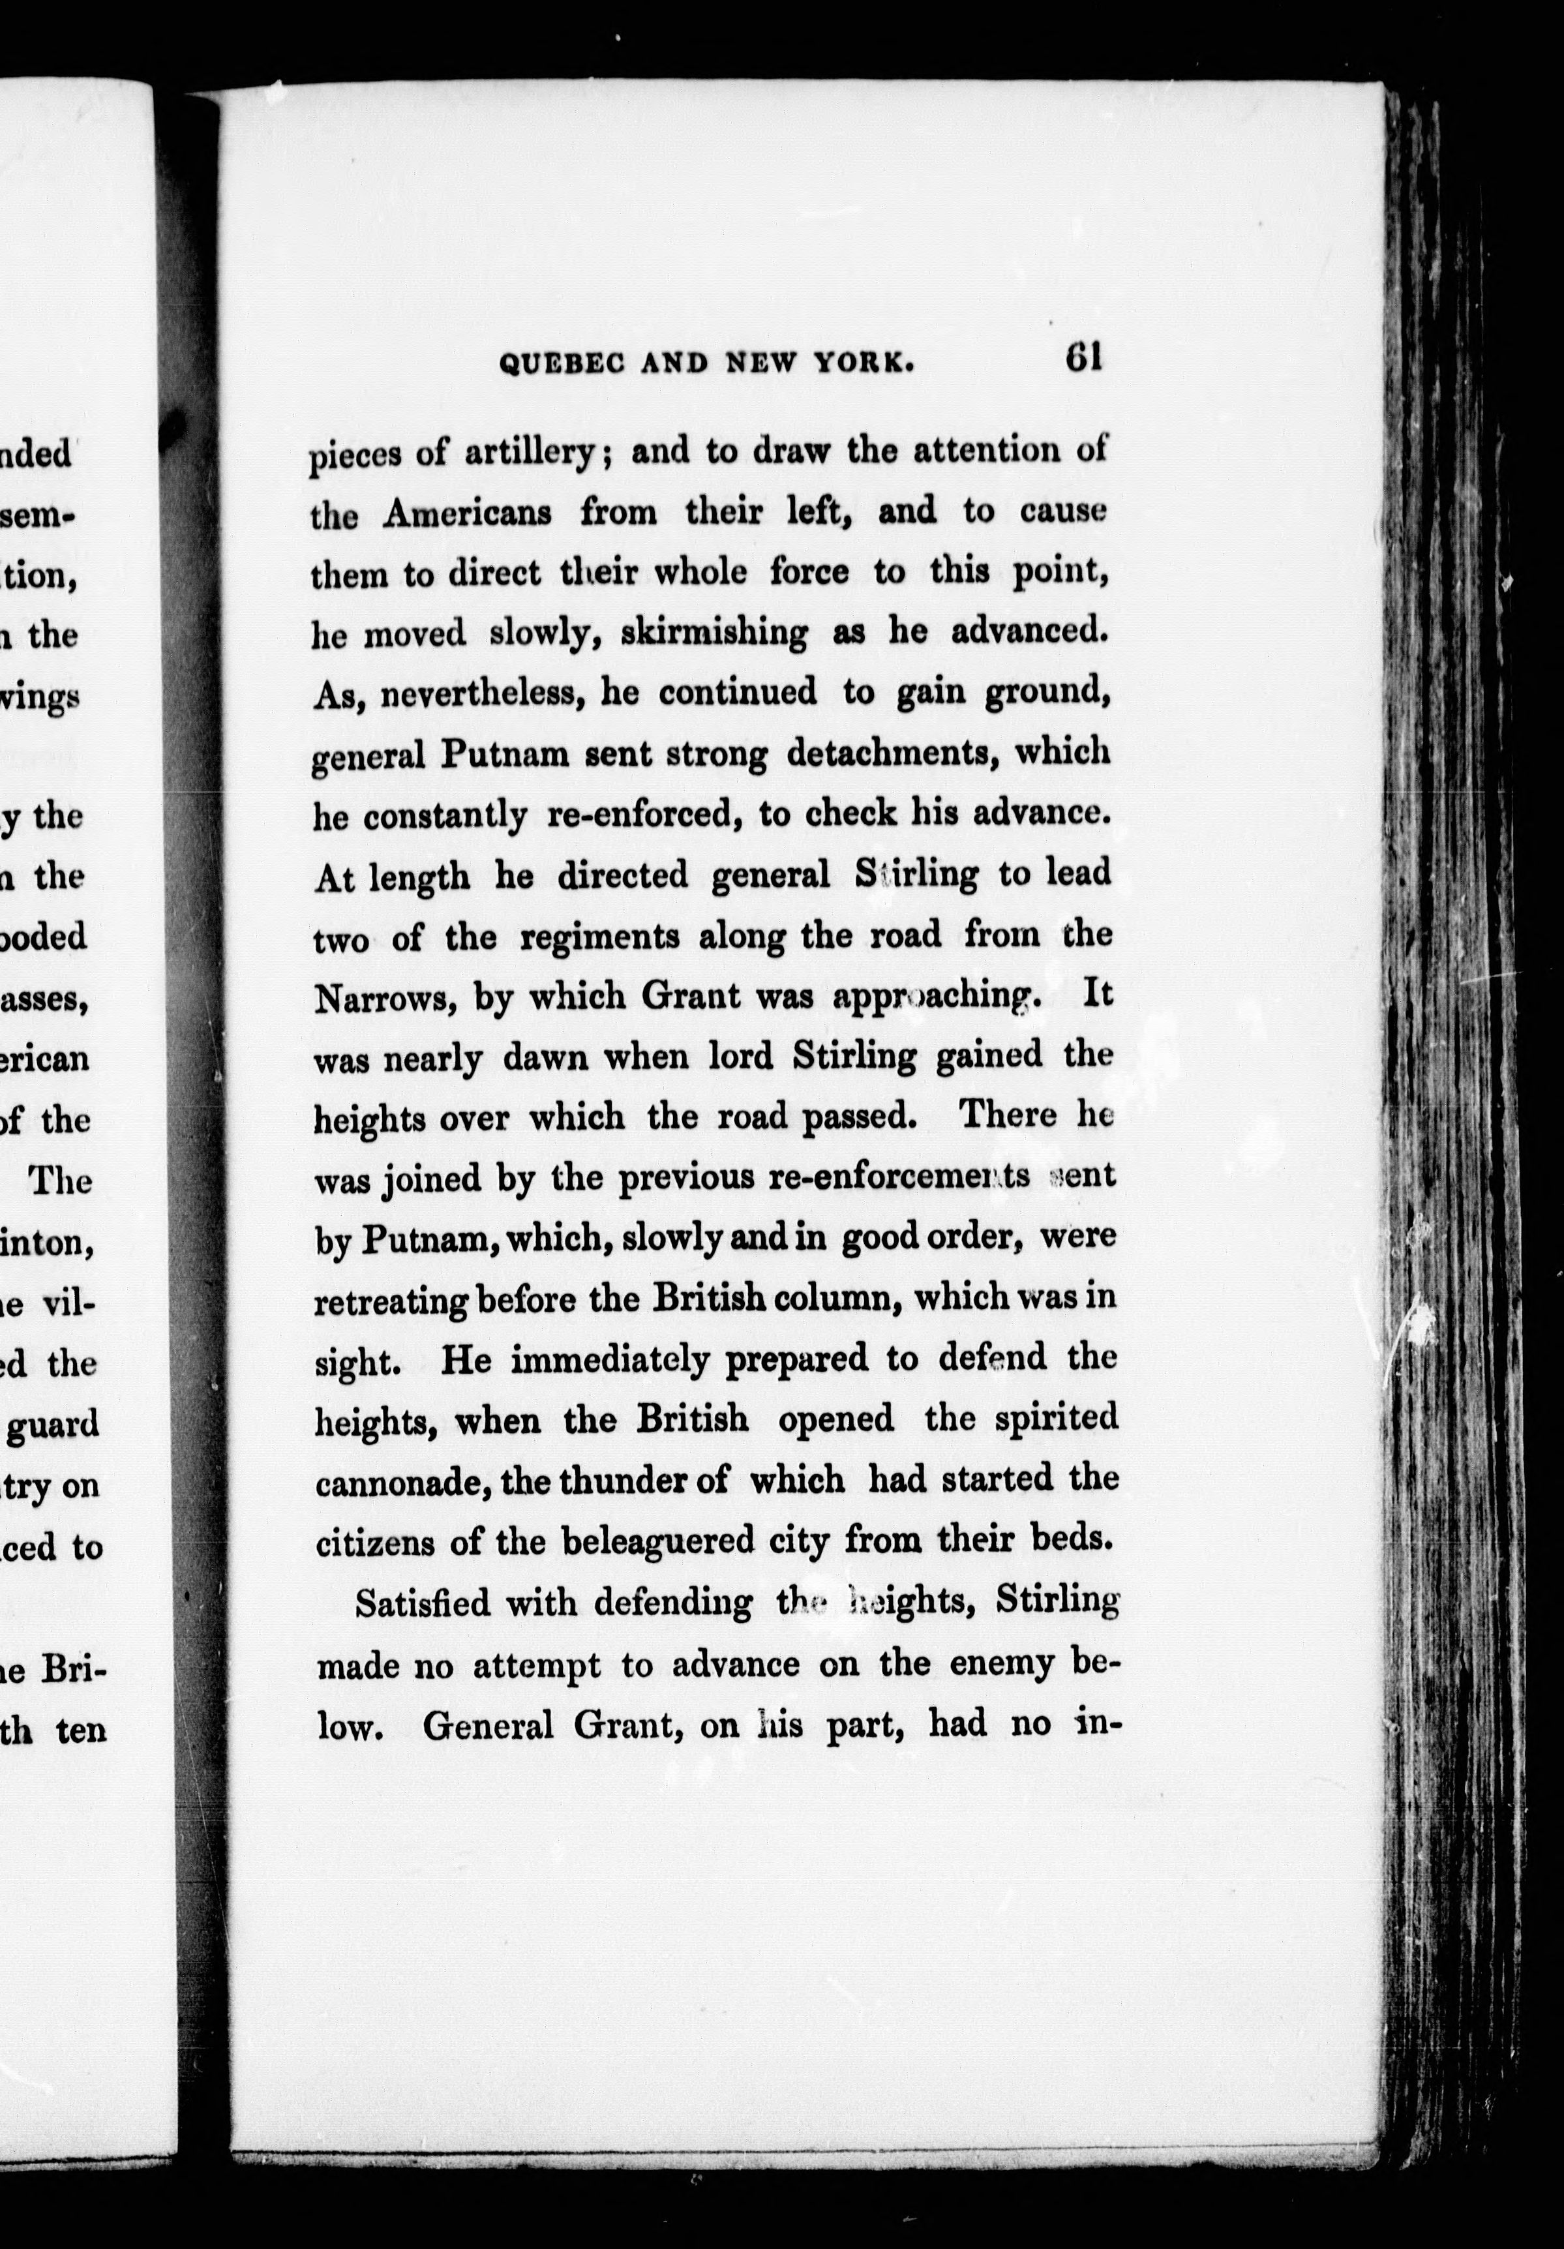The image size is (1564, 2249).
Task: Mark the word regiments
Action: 599,937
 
